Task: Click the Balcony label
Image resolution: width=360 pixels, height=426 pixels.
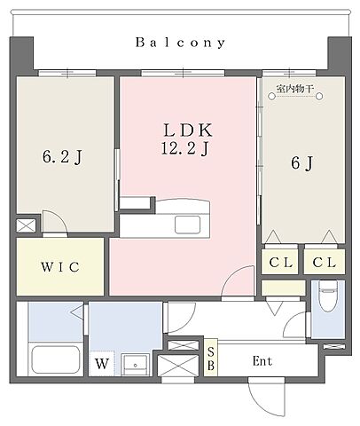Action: coord(180,43)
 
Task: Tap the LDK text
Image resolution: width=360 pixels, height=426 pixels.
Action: coord(188,130)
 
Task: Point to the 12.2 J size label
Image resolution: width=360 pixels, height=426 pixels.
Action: coord(185,148)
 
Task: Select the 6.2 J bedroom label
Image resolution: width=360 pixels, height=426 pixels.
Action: coord(62,157)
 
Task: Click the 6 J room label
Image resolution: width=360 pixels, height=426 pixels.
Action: coord(302,163)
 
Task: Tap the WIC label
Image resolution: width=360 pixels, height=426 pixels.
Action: coord(60,267)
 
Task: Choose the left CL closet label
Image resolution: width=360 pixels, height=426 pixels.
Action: coord(280,262)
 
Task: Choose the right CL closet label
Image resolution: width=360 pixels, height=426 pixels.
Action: coord(325,262)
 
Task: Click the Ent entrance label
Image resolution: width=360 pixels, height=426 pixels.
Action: coord(262,361)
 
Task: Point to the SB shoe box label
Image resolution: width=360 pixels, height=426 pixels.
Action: coord(211,359)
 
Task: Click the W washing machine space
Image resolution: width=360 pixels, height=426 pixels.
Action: coord(102,363)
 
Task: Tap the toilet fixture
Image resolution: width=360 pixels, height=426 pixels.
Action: coord(328,296)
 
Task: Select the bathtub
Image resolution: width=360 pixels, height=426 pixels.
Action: coord(56,359)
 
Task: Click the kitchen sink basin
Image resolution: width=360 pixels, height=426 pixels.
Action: coord(187,225)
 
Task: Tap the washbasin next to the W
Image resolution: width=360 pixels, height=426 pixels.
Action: coord(135,365)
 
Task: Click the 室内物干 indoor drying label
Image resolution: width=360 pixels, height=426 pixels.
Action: coord(294,89)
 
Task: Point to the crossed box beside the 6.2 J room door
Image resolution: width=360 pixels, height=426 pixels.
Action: coord(26,225)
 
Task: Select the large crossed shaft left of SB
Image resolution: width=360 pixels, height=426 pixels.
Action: coord(178,366)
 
